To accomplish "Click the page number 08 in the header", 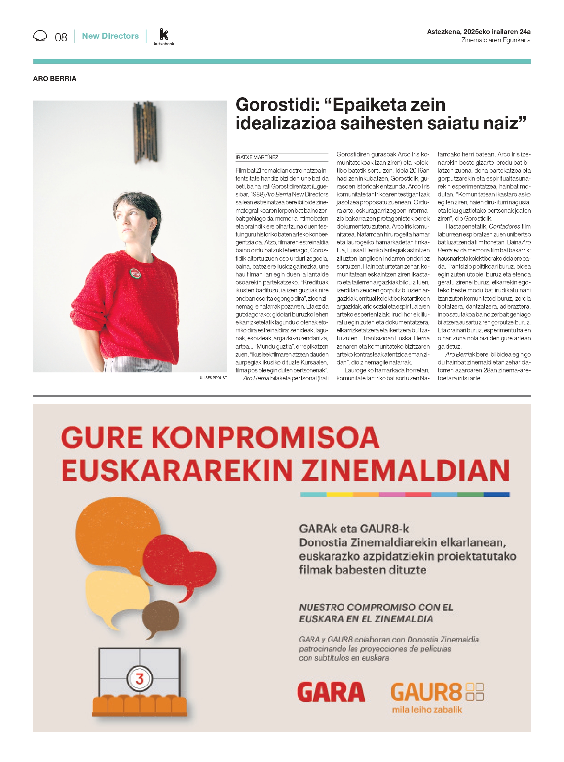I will point(61,37).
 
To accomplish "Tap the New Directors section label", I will point(110,36).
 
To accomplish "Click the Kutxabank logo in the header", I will point(164,37).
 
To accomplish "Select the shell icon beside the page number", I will point(40,36).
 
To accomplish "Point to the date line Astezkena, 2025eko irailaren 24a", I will point(478,32).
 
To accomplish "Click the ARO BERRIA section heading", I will point(55,79).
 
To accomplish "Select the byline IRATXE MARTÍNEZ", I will point(257,157).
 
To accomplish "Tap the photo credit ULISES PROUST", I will point(213,378).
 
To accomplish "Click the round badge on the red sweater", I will point(135,273).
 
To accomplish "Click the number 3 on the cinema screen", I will point(139,679).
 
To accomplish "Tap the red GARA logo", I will point(331,692).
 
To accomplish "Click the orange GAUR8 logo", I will point(426,692).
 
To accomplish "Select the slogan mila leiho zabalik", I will point(427,710).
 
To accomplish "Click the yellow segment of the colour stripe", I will point(339,494).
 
